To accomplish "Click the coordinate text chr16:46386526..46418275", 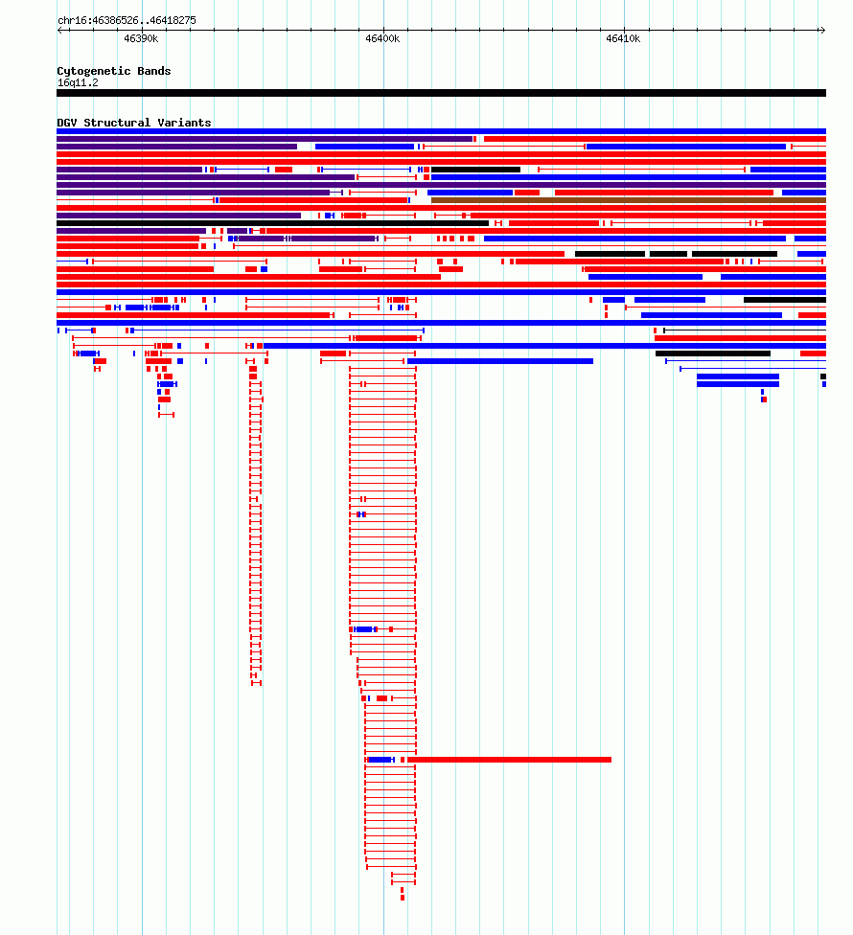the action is [127, 20].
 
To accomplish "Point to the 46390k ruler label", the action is [141, 38].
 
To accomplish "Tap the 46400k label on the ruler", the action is [382, 38].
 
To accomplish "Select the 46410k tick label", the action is [623, 38].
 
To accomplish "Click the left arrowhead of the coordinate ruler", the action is [58, 30].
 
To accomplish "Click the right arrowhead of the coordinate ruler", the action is [824, 30].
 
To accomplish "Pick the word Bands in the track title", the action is [154, 71].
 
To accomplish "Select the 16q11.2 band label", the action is [78, 83].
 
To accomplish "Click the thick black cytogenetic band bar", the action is [442, 93].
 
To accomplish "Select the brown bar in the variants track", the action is [629, 200].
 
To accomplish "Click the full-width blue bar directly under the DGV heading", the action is [442, 131].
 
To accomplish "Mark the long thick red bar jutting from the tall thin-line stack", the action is [510, 760].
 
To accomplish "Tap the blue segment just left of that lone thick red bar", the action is [380, 760].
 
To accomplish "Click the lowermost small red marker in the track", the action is [403, 898].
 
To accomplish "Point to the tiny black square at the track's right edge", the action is [823, 376].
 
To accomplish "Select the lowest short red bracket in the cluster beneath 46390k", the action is [167, 415].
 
